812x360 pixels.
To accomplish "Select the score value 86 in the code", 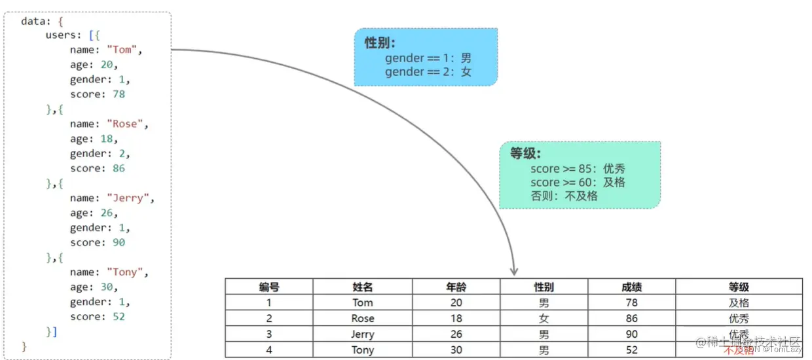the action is click(x=118, y=168).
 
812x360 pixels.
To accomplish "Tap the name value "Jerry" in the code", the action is click(x=130, y=198).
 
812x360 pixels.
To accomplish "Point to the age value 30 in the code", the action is click(x=107, y=287).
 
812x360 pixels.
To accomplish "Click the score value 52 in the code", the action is click(x=118, y=317).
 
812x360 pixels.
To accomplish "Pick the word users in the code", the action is click(x=61, y=35).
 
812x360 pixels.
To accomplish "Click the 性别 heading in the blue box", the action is click(x=380, y=43).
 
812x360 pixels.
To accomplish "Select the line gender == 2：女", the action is click(x=428, y=72).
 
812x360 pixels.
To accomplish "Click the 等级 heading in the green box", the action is click(x=525, y=154).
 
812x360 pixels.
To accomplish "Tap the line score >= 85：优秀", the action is click(x=578, y=169).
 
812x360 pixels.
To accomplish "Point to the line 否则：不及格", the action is click(x=564, y=196).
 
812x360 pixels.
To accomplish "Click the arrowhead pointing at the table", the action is click(x=514, y=270).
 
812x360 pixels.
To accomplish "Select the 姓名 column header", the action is click(x=362, y=287).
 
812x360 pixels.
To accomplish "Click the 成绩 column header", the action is click(x=631, y=287).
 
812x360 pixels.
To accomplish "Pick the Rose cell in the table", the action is click(x=362, y=319).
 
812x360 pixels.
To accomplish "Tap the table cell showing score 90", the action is click(x=631, y=334).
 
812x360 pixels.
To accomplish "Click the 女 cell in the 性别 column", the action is click(x=544, y=319).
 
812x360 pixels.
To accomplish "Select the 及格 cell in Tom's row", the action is click(x=739, y=303).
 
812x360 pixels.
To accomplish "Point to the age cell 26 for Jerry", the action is click(x=456, y=334).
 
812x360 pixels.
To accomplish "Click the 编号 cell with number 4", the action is click(x=268, y=350).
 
